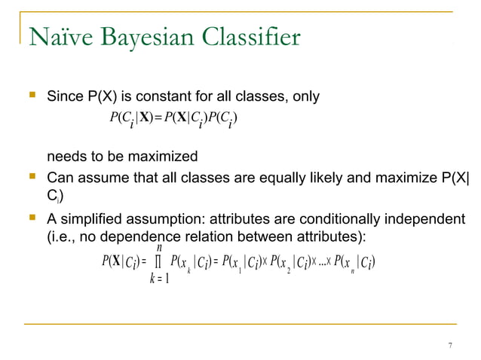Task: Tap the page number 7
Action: [449, 346]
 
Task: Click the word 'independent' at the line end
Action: [427, 219]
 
